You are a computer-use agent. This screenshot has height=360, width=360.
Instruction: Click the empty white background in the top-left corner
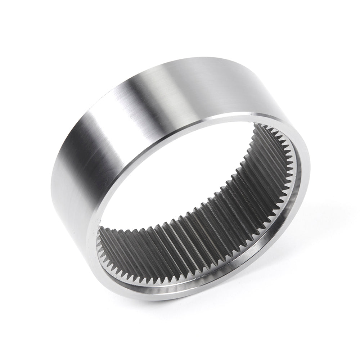click(x=22, y=22)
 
